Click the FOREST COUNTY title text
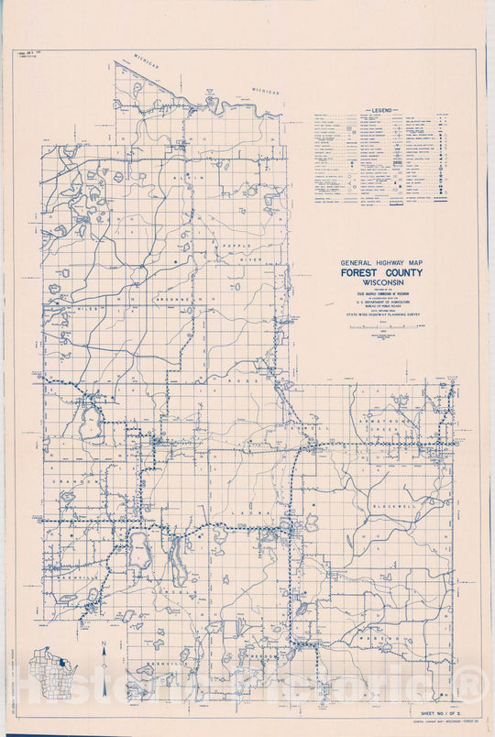381,272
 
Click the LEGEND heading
381,109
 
